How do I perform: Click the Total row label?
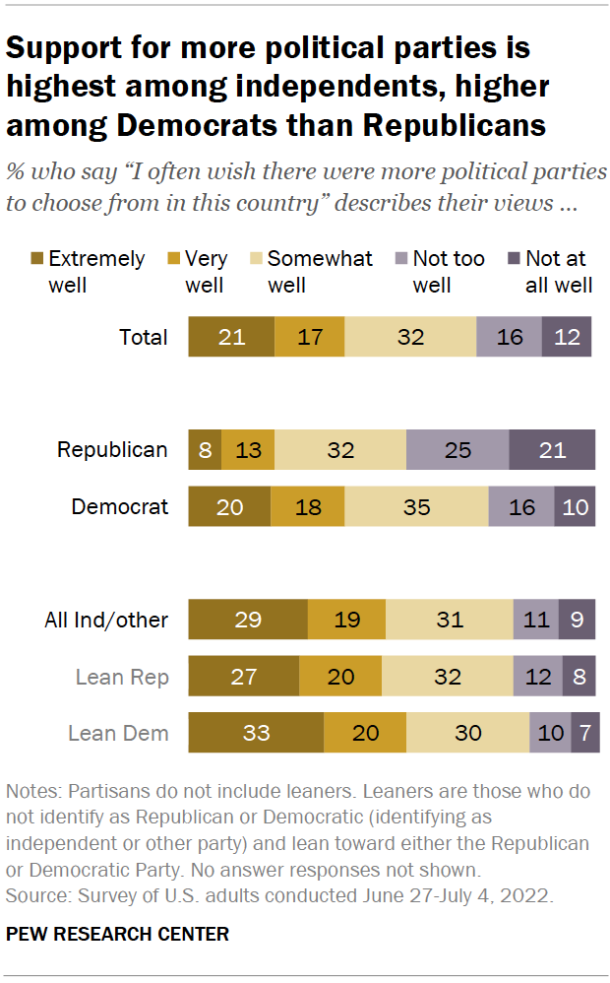[x=144, y=337]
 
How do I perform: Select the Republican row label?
[x=112, y=450]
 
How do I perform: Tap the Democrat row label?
[x=120, y=507]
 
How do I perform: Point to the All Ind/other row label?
[x=106, y=620]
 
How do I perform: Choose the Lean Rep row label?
[x=122, y=677]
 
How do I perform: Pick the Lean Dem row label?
[x=118, y=733]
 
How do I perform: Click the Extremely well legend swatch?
[x=36, y=260]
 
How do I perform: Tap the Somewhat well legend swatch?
[x=256, y=260]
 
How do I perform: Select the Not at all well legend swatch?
[x=514, y=260]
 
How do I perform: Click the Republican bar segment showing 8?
[x=205, y=450]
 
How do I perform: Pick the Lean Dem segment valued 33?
[x=256, y=733]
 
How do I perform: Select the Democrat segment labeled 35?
[x=416, y=507]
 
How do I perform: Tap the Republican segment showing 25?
[x=457, y=450]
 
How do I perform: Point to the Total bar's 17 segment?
[x=310, y=337]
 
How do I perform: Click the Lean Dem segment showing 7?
[x=585, y=733]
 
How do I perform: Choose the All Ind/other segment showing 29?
[x=248, y=620]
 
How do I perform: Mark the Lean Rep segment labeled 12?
[x=537, y=677]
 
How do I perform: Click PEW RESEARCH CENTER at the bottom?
[x=117, y=934]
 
